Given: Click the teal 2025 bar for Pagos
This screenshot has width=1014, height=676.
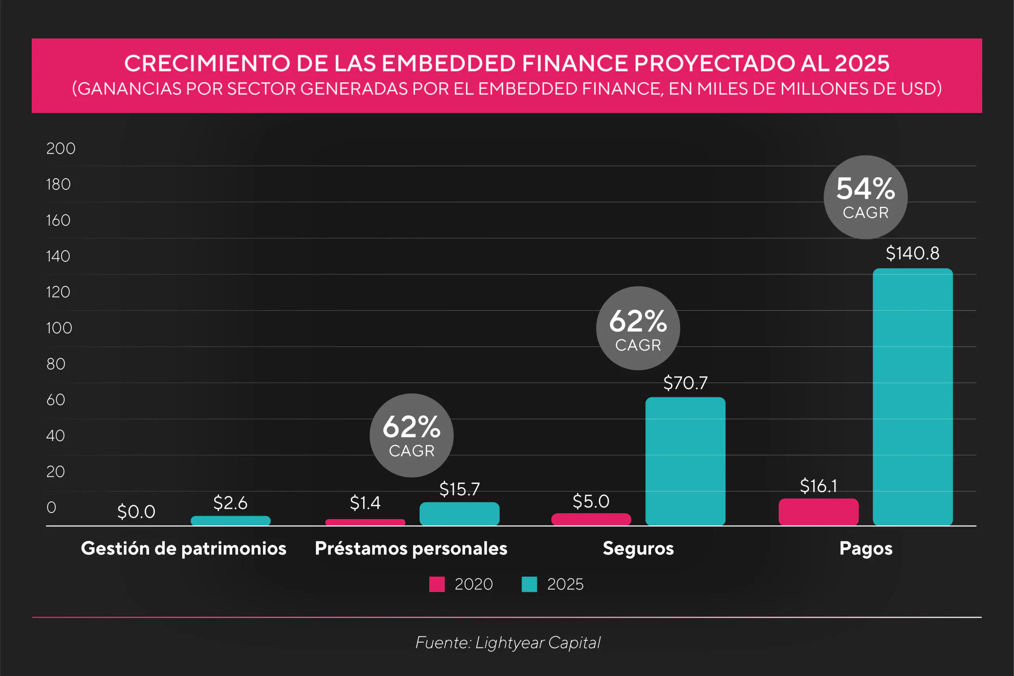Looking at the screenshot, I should pos(912,397).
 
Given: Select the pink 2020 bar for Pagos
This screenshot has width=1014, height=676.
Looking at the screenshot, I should pos(818,512).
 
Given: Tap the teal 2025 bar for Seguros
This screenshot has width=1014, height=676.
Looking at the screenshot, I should pos(685,461).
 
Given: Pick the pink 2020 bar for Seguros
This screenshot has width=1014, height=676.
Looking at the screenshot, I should pos(591,519).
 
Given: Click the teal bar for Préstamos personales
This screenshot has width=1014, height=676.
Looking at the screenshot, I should pos(459,514).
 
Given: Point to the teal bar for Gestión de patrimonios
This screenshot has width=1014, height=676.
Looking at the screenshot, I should pos(231,520).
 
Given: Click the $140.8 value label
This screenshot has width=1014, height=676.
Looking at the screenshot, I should pos(912,253).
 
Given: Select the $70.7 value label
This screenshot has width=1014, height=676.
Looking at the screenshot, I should pos(685,383).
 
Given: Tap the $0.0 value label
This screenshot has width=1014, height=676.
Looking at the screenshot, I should pos(136,512).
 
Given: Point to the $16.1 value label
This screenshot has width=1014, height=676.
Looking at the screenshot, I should pos(818,486).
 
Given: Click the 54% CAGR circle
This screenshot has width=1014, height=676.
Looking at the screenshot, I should pos(865,197).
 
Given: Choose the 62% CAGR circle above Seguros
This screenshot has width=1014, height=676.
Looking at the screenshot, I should pos(638,328).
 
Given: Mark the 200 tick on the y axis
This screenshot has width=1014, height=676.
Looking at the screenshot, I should pos(61,148).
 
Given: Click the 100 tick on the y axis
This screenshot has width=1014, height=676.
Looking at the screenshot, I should pos(59,328).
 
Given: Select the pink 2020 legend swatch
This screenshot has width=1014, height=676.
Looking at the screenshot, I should pos(436,584).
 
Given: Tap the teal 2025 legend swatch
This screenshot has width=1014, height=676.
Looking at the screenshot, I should pos(529,584).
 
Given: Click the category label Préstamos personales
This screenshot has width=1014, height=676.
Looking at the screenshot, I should pos(411,548).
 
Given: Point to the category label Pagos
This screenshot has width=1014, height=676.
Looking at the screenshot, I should pos(866,548).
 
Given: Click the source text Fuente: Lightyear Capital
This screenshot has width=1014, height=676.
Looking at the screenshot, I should pos(508,642).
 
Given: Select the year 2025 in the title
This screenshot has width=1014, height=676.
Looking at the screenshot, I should pos(862,63).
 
